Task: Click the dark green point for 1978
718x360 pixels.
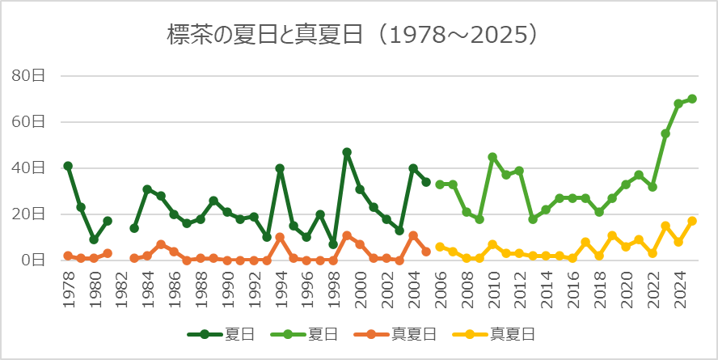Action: [68, 166]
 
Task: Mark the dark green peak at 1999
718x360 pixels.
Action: [347, 152]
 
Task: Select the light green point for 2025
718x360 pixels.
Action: [692, 99]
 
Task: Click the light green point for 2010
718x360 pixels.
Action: [492, 157]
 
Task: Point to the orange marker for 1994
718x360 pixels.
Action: [280, 237]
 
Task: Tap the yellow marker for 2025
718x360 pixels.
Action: [692, 221]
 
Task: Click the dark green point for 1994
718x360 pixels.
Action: [280, 168]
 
